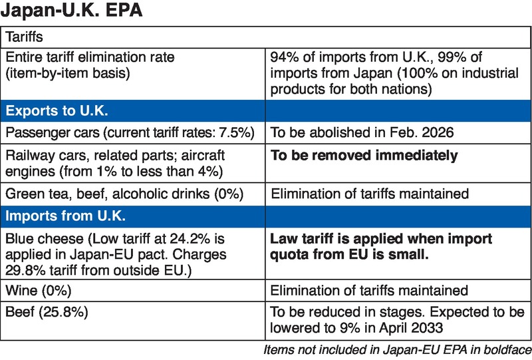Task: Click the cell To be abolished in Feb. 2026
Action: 362,132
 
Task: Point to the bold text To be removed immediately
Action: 364,156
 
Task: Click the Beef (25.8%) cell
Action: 43,311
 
